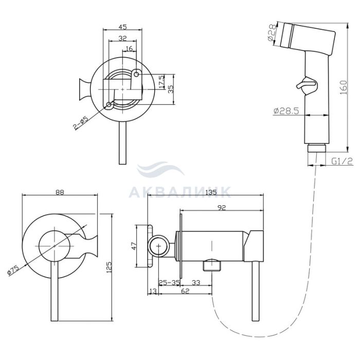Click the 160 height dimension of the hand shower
pos(343,87)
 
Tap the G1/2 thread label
pos(342,161)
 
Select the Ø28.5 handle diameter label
pos(286,111)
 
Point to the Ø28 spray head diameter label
pos(272,33)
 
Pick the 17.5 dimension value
pos(161,81)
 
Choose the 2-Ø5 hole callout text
pos(81,123)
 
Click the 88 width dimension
pos(60,192)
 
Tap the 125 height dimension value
pos(109,267)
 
